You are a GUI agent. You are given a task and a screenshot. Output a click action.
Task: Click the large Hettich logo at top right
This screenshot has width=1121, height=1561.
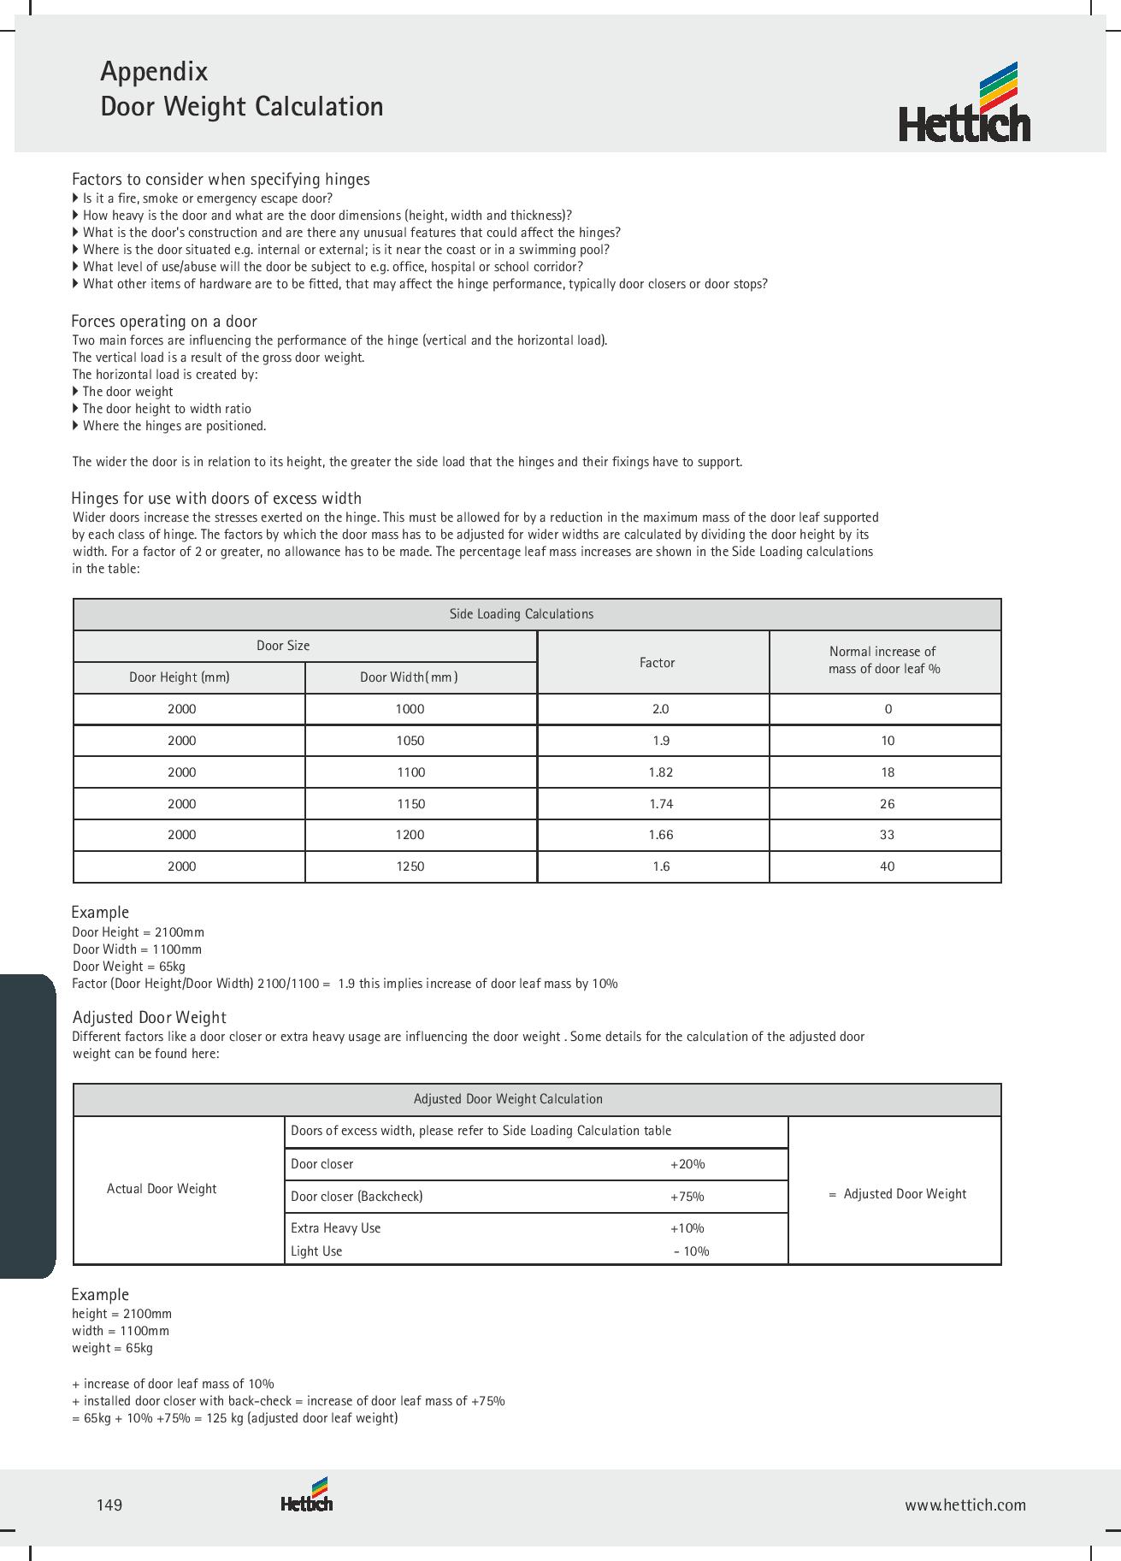(965, 103)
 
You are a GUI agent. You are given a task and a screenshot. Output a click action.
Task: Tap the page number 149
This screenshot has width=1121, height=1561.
(109, 1505)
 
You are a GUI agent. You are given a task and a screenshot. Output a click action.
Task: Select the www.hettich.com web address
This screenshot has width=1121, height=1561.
(965, 1505)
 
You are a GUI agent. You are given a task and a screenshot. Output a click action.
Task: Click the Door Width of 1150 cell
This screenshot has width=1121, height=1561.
(410, 804)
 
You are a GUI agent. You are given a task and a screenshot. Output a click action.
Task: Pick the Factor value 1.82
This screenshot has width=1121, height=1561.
(660, 772)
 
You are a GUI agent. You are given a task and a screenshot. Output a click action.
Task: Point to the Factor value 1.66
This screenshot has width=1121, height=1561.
(660, 835)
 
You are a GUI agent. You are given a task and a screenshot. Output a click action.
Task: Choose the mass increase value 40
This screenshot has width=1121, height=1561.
(887, 866)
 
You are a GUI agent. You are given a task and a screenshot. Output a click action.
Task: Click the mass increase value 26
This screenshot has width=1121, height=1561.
(887, 804)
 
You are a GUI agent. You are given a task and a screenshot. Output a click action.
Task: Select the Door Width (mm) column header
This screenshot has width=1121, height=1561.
(409, 677)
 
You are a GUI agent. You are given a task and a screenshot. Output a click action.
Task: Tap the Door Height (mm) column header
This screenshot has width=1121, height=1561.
(180, 677)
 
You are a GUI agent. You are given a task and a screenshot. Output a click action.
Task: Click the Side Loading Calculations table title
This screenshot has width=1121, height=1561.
(521, 614)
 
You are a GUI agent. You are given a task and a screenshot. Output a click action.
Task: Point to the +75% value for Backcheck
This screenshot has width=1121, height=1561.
(687, 1197)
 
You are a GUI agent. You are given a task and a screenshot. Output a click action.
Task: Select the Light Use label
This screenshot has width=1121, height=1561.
(316, 1251)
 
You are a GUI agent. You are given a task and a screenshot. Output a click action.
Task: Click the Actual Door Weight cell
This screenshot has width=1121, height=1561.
(162, 1189)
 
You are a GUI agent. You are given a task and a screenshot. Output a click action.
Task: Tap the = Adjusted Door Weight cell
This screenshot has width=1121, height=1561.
(897, 1194)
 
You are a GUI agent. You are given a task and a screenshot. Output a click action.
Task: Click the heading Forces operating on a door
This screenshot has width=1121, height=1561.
(164, 322)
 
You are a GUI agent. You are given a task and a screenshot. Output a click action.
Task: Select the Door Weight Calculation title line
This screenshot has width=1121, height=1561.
(242, 107)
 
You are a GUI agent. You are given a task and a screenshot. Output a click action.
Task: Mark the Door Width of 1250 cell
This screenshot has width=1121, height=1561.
(410, 866)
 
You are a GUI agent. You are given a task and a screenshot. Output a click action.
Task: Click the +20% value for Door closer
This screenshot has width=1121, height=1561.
(687, 1164)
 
